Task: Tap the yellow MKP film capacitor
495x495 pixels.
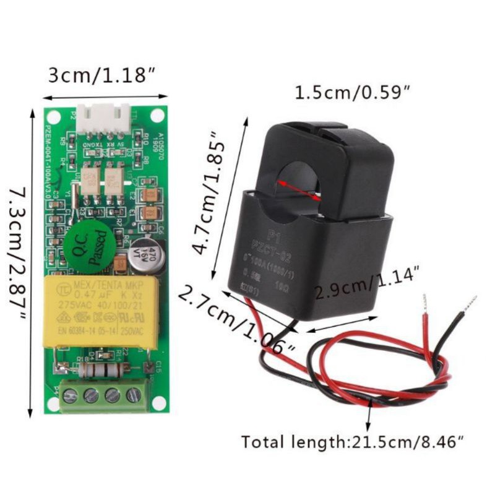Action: (x=100, y=312)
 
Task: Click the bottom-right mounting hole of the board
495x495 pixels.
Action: (x=159, y=402)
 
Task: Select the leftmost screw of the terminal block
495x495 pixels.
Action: (x=70, y=395)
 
